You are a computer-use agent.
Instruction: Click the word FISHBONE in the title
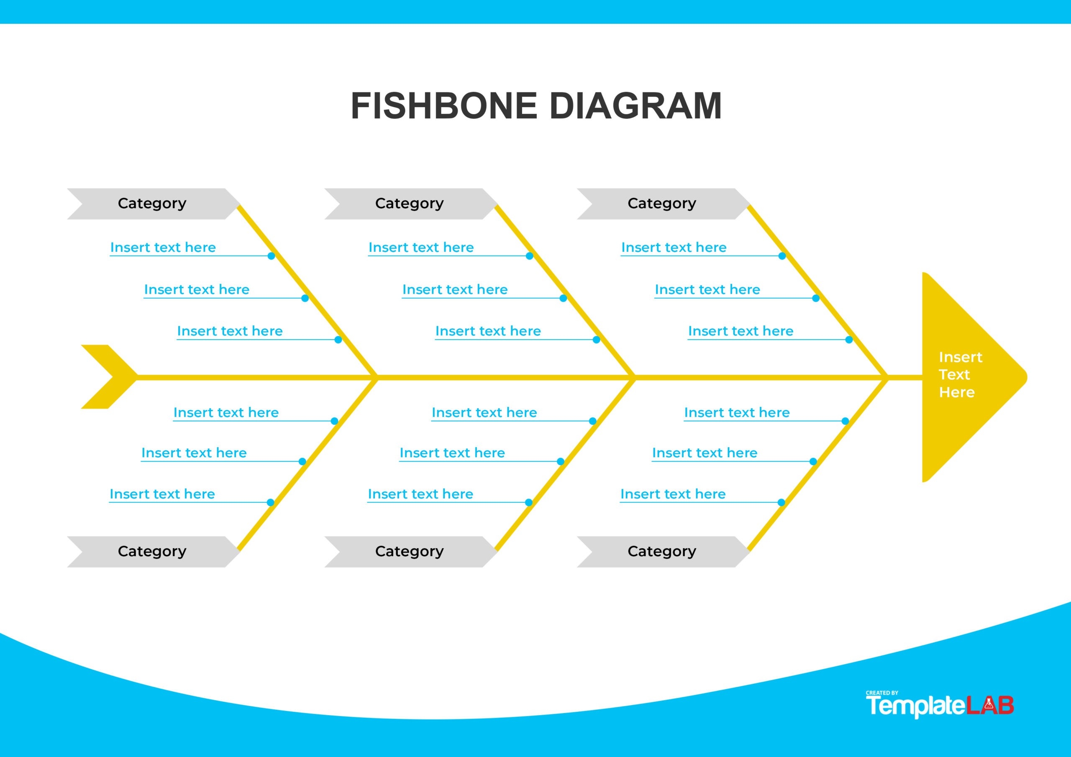[443, 106]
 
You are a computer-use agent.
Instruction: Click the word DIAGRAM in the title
[635, 106]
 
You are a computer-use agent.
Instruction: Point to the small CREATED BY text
[881, 693]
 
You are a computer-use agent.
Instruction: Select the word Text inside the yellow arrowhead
[954, 375]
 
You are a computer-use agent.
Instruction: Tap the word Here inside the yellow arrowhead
[957, 392]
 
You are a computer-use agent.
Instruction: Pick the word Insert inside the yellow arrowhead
[961, 357]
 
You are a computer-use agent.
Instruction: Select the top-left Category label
[152, 203]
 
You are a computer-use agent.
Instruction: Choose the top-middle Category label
[409, 203]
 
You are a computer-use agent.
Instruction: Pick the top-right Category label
[661, 203]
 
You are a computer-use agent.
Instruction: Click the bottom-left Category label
[152, 551]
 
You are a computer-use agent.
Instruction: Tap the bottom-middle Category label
[409, 551]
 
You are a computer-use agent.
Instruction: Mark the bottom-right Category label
[661, 551]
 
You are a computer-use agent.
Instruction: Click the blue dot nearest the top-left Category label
[271, 256]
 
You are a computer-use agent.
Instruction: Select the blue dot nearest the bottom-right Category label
[781, 502]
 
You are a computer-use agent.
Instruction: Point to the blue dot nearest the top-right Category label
[782, 256]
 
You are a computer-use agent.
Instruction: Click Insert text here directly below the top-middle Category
[421, 247]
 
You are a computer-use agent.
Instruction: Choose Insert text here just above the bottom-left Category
[162, 494]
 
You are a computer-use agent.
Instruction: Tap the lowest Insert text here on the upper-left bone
[230, 331]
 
